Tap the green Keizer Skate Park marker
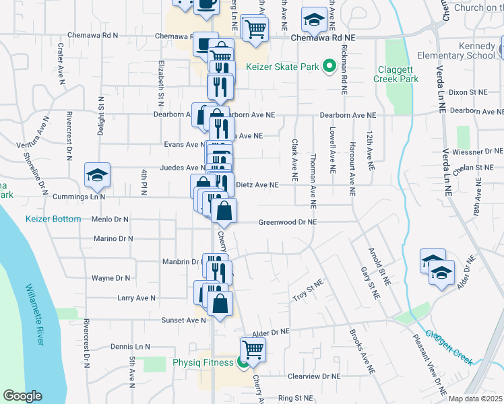(x=329, y=66)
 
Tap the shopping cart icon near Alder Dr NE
(x=253, y=349)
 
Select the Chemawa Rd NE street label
(x=322, y=38)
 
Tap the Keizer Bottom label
(x=53, y=219)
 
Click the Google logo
(x=22, y=396)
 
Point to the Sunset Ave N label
(x=183, y=321)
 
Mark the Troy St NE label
(x=308, y=291)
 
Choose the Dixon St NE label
(x=467, y=92)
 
